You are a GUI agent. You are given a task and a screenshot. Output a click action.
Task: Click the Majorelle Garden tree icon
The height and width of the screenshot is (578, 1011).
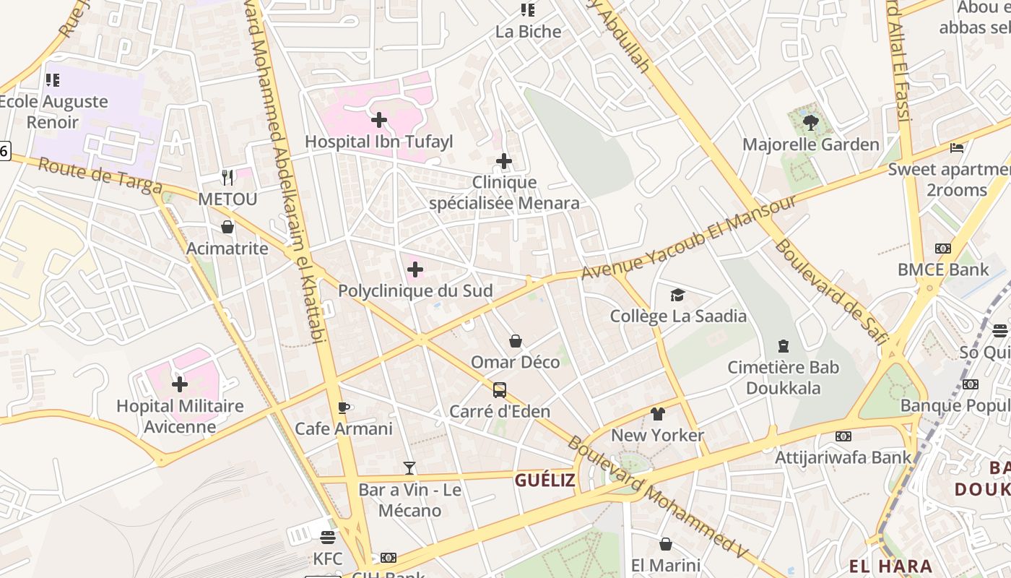(x=810, y=123)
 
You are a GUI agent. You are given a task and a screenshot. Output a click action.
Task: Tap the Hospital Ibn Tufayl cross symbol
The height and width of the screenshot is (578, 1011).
(x=378, y=120)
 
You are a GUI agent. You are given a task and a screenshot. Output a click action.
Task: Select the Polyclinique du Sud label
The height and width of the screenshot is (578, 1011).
(x=415, y=291)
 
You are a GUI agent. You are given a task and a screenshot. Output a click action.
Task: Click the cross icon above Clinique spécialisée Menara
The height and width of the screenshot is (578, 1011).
(x=504, y=160)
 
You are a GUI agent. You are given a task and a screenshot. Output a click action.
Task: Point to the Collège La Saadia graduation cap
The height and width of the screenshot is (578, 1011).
(x=677, y=295)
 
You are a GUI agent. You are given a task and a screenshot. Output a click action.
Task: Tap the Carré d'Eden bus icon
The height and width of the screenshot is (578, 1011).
(x=499, y=390)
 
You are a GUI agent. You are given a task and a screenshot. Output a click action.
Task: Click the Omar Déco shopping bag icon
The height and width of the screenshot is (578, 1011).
(x=516, y=341)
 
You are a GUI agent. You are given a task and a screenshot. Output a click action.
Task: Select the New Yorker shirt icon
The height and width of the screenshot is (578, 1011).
(x=657, y=414)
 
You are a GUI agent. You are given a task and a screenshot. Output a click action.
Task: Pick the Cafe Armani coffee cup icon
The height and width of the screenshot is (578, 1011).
(x=344, y=407)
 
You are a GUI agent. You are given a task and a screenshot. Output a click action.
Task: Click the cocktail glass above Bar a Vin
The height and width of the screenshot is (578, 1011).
(x=409, y=468)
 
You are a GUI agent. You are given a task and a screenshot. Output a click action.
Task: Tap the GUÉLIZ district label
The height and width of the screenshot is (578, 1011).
(x=544, y=480)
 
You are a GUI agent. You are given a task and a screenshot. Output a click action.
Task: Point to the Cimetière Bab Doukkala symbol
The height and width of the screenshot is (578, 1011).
(x=784, y=347)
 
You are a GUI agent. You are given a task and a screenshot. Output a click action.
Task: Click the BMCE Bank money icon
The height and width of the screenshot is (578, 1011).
(x=943, y=249)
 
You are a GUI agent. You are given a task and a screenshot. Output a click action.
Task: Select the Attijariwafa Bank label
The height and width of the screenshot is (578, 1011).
(x=843, y=457)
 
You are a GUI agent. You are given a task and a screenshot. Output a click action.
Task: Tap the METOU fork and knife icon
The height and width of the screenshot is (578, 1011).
(x=227, y=178)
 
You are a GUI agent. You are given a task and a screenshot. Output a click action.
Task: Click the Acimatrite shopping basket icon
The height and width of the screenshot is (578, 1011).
(x=227, y=228)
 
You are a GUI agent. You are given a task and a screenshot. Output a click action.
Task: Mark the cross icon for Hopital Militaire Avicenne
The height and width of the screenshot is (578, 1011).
(x=180, y=384)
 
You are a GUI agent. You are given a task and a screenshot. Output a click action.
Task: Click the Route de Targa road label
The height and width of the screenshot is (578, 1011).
(x=100, y=176)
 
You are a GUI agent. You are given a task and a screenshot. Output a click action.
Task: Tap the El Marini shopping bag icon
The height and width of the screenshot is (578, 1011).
(x=666, y=544)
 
